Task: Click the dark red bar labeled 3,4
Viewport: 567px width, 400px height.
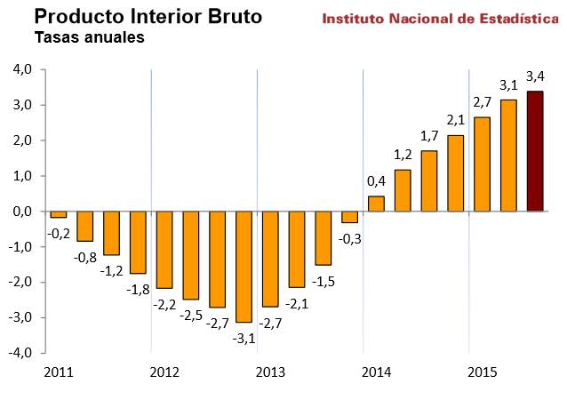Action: (535, 151)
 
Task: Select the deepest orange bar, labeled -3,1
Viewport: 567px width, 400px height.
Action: (244, 267)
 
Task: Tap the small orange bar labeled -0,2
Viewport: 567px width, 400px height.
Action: (59, 214)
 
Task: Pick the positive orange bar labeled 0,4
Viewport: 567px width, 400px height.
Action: (376, 204)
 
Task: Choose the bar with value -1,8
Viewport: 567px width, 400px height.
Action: (138, 242)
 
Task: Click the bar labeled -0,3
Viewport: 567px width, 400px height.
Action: (349, 217)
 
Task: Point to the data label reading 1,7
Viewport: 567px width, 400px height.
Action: (428, 136)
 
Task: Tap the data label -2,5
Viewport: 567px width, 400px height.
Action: (191, 315)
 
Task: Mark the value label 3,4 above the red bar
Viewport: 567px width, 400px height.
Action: (535, 75)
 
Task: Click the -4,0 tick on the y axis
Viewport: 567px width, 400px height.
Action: (20, 353)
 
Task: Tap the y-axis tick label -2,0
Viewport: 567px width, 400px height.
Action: (20, 283)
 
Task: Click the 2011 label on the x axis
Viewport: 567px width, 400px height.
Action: (57, 371)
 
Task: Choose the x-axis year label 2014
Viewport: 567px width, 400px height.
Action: (376, 371)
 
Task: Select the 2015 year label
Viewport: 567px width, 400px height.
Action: (483, 371)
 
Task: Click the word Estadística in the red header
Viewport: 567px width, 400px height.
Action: (510, 18)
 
